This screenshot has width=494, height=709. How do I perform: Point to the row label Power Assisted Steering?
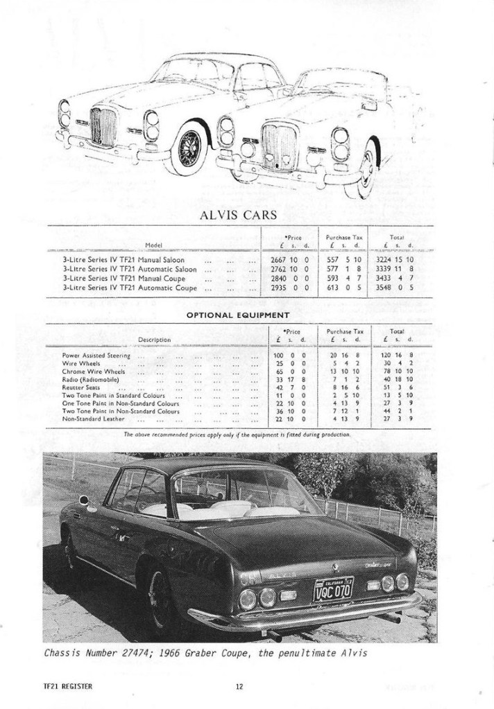pyautogui.click(x=96, y=355)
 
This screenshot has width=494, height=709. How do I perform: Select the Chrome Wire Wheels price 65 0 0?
pyautogui.click(x=284, y=371)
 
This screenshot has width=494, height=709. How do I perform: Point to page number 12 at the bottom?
pyautogui.click(x=239, y=687)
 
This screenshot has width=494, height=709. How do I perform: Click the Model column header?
pyautogui.click(x=153, y=244)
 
